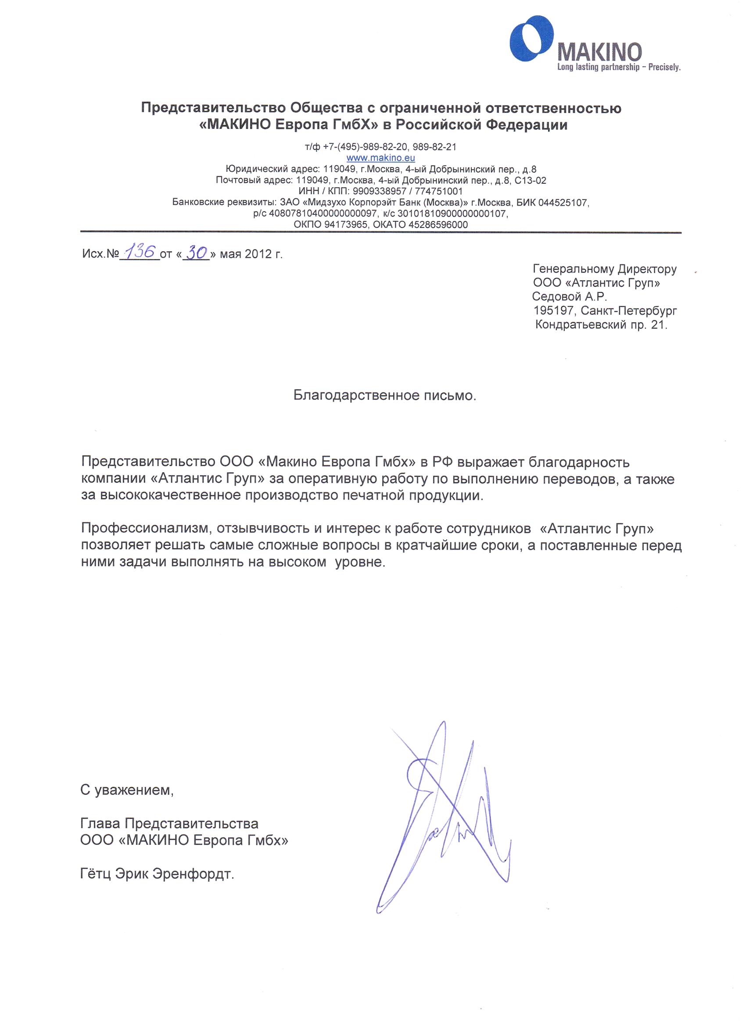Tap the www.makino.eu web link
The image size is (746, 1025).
click(x=380, y=158)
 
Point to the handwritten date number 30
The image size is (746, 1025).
click(x=196, y=253)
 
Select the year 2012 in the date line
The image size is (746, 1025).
click(x=258, y=254)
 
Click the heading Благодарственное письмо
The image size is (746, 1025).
click(x=384, y=395)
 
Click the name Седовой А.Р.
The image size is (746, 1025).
click(x=569, y=296)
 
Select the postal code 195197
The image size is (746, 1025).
click(x=555, y=310)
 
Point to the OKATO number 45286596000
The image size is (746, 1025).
click(x=438, y=224)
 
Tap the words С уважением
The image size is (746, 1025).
click(x=127, y=790)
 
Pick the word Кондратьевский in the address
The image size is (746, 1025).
click(x=581, y=324)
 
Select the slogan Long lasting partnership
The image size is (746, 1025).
click(x=598, y=68)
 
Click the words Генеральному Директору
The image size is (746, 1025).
click(x=604, y=269)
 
